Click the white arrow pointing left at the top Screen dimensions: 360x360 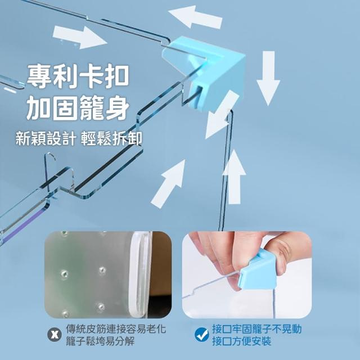196,17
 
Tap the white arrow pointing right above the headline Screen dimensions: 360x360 80,37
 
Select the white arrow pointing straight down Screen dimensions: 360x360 268,78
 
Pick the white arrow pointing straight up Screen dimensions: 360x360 234,177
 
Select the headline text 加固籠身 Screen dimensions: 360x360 78,108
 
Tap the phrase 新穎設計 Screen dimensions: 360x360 46,138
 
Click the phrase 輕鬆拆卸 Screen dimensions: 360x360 111,138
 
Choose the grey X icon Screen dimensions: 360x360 55,335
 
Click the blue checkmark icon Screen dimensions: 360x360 202,335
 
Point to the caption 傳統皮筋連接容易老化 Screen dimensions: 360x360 116,329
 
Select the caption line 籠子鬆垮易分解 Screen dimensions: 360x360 100,341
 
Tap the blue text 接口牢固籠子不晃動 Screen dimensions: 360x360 256,329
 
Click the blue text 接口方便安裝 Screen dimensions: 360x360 241,341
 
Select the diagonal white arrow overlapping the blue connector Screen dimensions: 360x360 220,115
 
